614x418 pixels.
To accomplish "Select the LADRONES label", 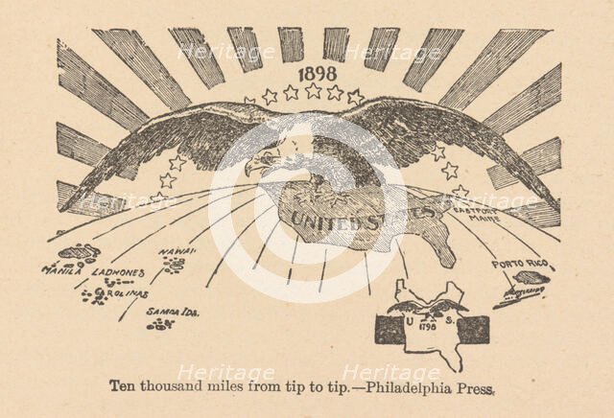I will [x=117, y=271].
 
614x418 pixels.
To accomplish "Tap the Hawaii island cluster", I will [x=174, y=265].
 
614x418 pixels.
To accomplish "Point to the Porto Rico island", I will [x=531, y=278].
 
